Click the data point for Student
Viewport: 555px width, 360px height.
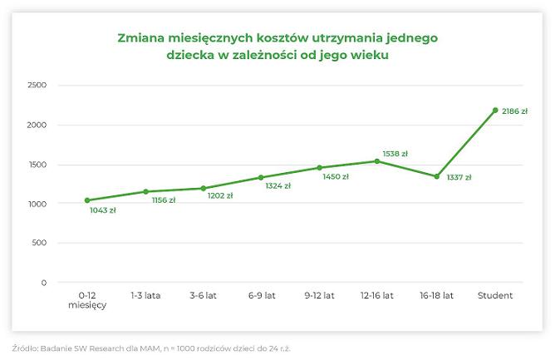(495, 110)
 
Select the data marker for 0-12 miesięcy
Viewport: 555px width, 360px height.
(87, 200)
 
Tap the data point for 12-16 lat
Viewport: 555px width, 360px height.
(377, 161)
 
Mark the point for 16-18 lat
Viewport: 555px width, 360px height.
(436, 176)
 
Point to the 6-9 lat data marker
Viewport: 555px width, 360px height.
(261, 177)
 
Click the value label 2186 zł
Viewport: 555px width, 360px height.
(515, 111)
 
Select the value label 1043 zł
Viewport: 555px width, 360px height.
(103, 210)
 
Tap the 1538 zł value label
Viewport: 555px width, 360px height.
(395, 153)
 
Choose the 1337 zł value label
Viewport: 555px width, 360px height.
(459, 177)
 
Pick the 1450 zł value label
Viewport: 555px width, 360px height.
(336, 176)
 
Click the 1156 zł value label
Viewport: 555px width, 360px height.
(163, 200)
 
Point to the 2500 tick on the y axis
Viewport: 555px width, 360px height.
(37, 86)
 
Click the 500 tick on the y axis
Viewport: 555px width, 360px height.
(40, 244)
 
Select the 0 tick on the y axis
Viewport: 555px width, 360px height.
(44, 283)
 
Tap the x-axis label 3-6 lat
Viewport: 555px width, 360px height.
(204, 295)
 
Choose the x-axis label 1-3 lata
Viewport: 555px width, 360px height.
(145, 295)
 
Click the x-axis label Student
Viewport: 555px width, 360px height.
(495, 295)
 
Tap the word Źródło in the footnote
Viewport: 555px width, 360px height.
(26, 348)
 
